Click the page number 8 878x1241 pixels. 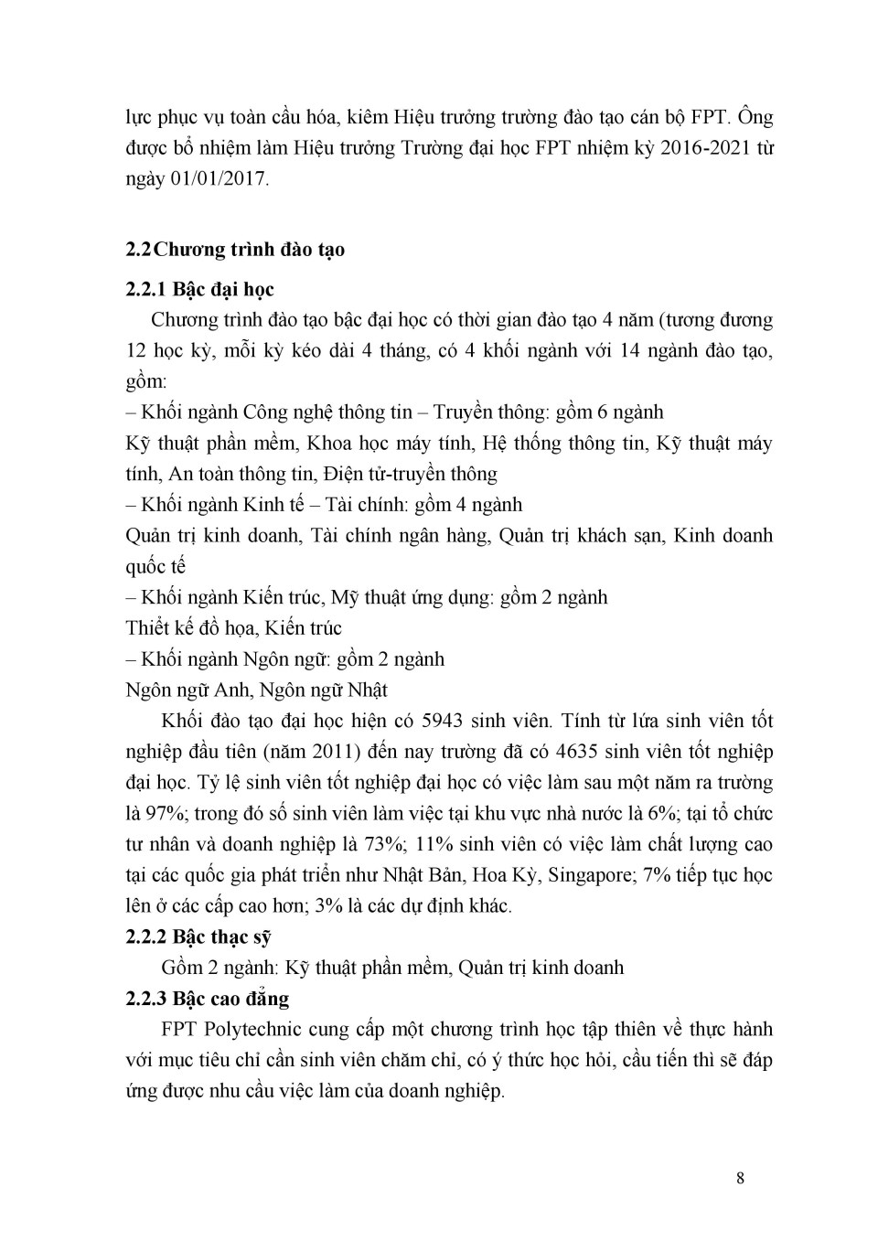click(x=740, y=1178)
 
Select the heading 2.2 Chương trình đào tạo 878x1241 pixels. click(x=235, y=250)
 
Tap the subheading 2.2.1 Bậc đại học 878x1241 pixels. click(x=199, y=290)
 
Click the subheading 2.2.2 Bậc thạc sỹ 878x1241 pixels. click(x=198, y=937)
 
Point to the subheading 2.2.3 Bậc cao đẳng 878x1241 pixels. click(x=207, y=999)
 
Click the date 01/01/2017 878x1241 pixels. click(x=219, y=179)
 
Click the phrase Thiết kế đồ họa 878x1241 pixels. click(x=191, y=628)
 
